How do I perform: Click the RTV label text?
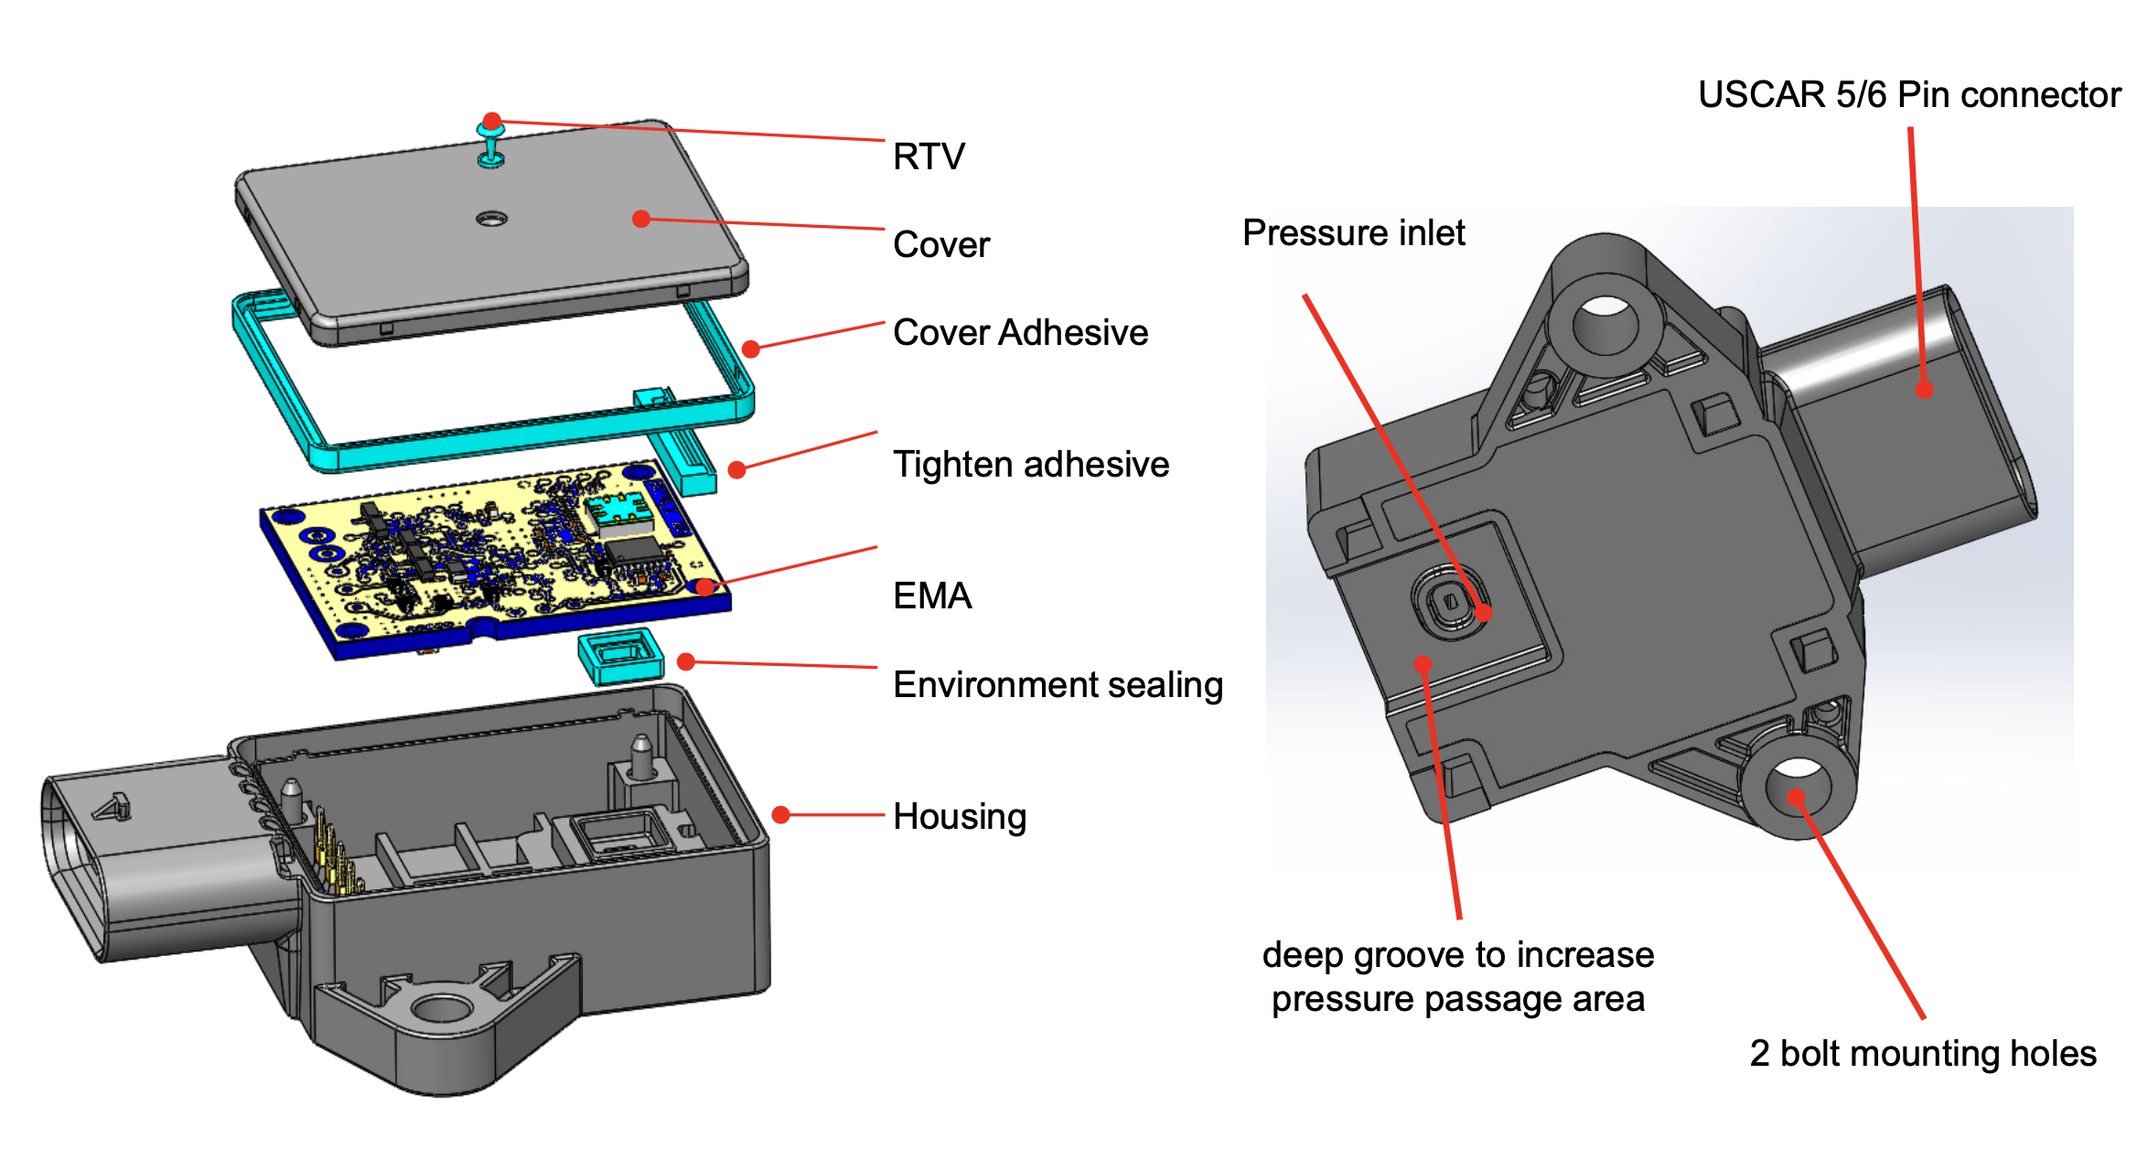(x=929, y=156)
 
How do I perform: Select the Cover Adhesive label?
(x=1020, y=333)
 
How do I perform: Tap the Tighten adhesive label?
(x=1031, y=465)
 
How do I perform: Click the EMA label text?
(x=932, y=596)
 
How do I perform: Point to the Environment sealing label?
(x=1058, y=685)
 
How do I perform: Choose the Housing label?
(x=960, y=817)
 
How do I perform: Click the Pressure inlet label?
(x=1353, y=233)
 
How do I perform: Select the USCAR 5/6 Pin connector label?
(x=1909, y=95)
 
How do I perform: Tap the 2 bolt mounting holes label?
(x=1923, y=1054)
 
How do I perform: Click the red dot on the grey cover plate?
(x=641, y=219)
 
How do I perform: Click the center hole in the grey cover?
(x=491, y=219)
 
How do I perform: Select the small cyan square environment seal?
(x=620, y=656)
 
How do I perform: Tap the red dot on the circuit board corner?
(x=704, y=586)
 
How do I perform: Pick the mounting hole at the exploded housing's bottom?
(x=441, y=1009)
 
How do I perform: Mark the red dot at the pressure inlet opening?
(x=1483, y=613)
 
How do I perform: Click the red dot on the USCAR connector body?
(x=1925, y=390)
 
